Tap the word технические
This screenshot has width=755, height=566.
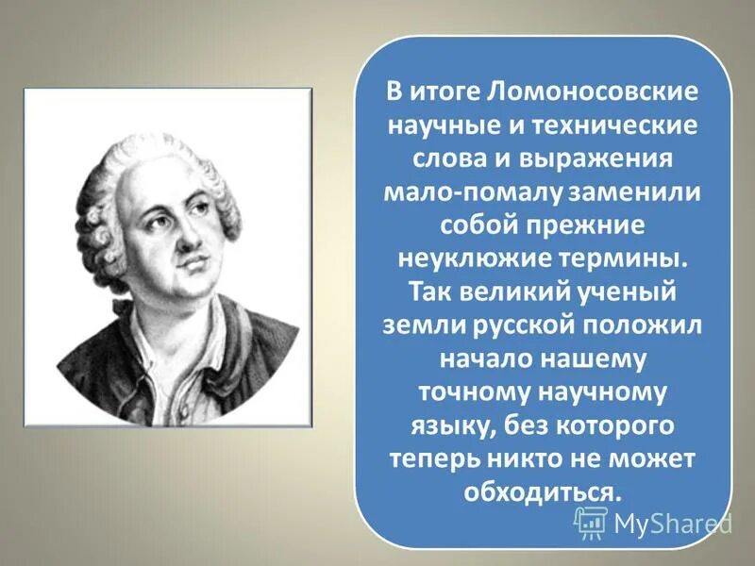[619, 125]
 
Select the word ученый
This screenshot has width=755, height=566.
[642, 291]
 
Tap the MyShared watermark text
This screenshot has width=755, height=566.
[673, 522]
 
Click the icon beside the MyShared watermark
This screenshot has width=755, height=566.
[591, 522]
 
